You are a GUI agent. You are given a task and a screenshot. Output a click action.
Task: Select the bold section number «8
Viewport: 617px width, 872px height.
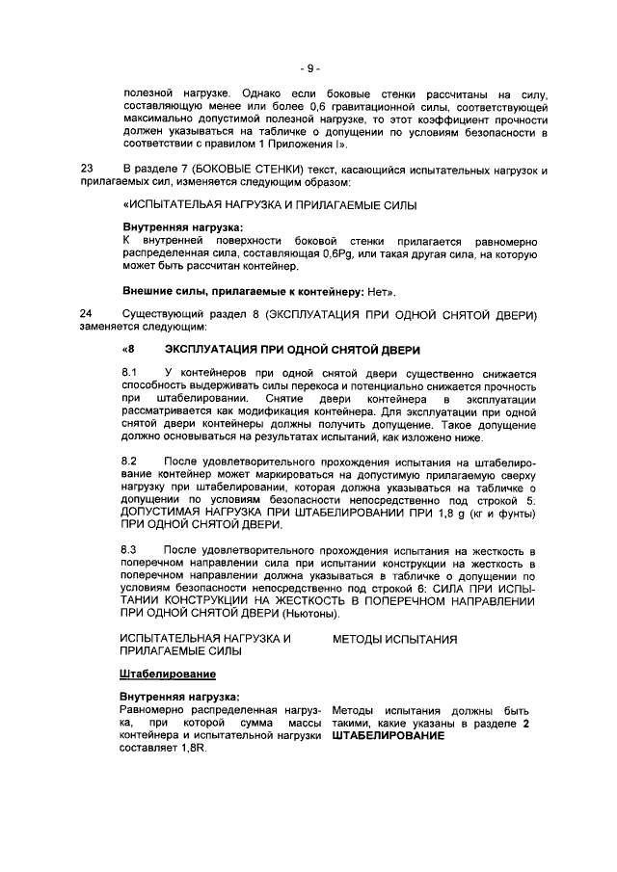pyautogui.click(x=129, y=348)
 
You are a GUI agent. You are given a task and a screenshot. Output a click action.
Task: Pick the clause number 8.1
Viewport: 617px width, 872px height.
pyautogui.click(x=129, y=372)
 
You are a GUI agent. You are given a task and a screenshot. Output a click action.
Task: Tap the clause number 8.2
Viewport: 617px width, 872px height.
pyautogui.click(x=129, y=462)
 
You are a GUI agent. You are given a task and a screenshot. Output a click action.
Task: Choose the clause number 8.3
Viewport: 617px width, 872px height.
pyautogui.click(x=129, y=550)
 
